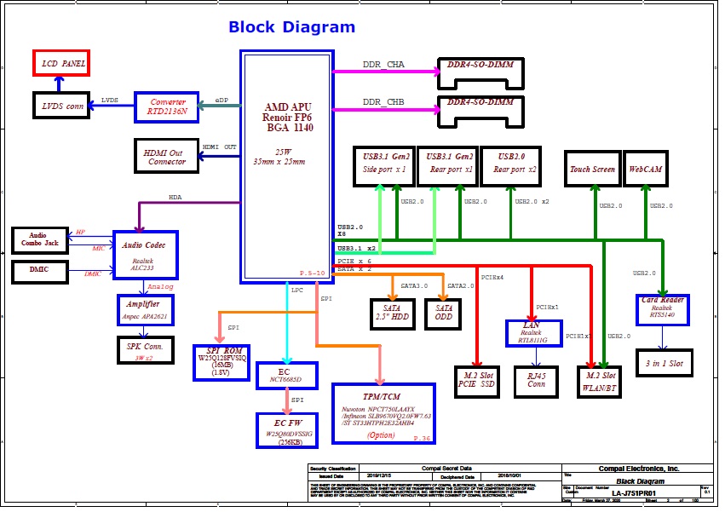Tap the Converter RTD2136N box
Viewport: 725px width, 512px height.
166,106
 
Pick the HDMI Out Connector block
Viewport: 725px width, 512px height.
166,154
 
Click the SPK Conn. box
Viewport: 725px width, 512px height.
145,350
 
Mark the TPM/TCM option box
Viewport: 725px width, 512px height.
383,413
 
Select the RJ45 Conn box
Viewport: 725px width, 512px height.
535,378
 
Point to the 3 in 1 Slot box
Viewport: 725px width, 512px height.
665,364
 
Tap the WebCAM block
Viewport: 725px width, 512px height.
646,169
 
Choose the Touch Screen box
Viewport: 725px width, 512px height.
592,169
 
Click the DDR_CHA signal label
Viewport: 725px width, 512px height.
383,65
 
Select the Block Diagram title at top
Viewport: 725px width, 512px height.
291,27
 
